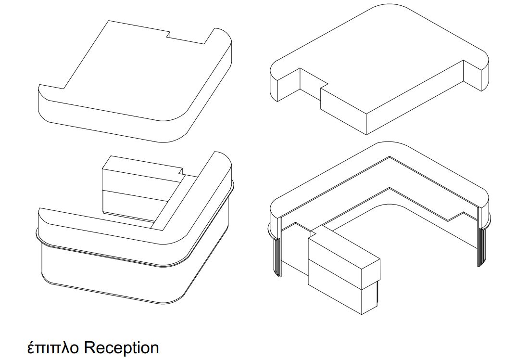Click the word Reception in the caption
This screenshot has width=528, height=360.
(x=121, y=348)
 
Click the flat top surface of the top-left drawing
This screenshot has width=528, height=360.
(x=135, y=71)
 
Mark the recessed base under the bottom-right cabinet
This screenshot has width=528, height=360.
(x=378, y=293)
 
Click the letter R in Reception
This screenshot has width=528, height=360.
(x=89, y=347)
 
